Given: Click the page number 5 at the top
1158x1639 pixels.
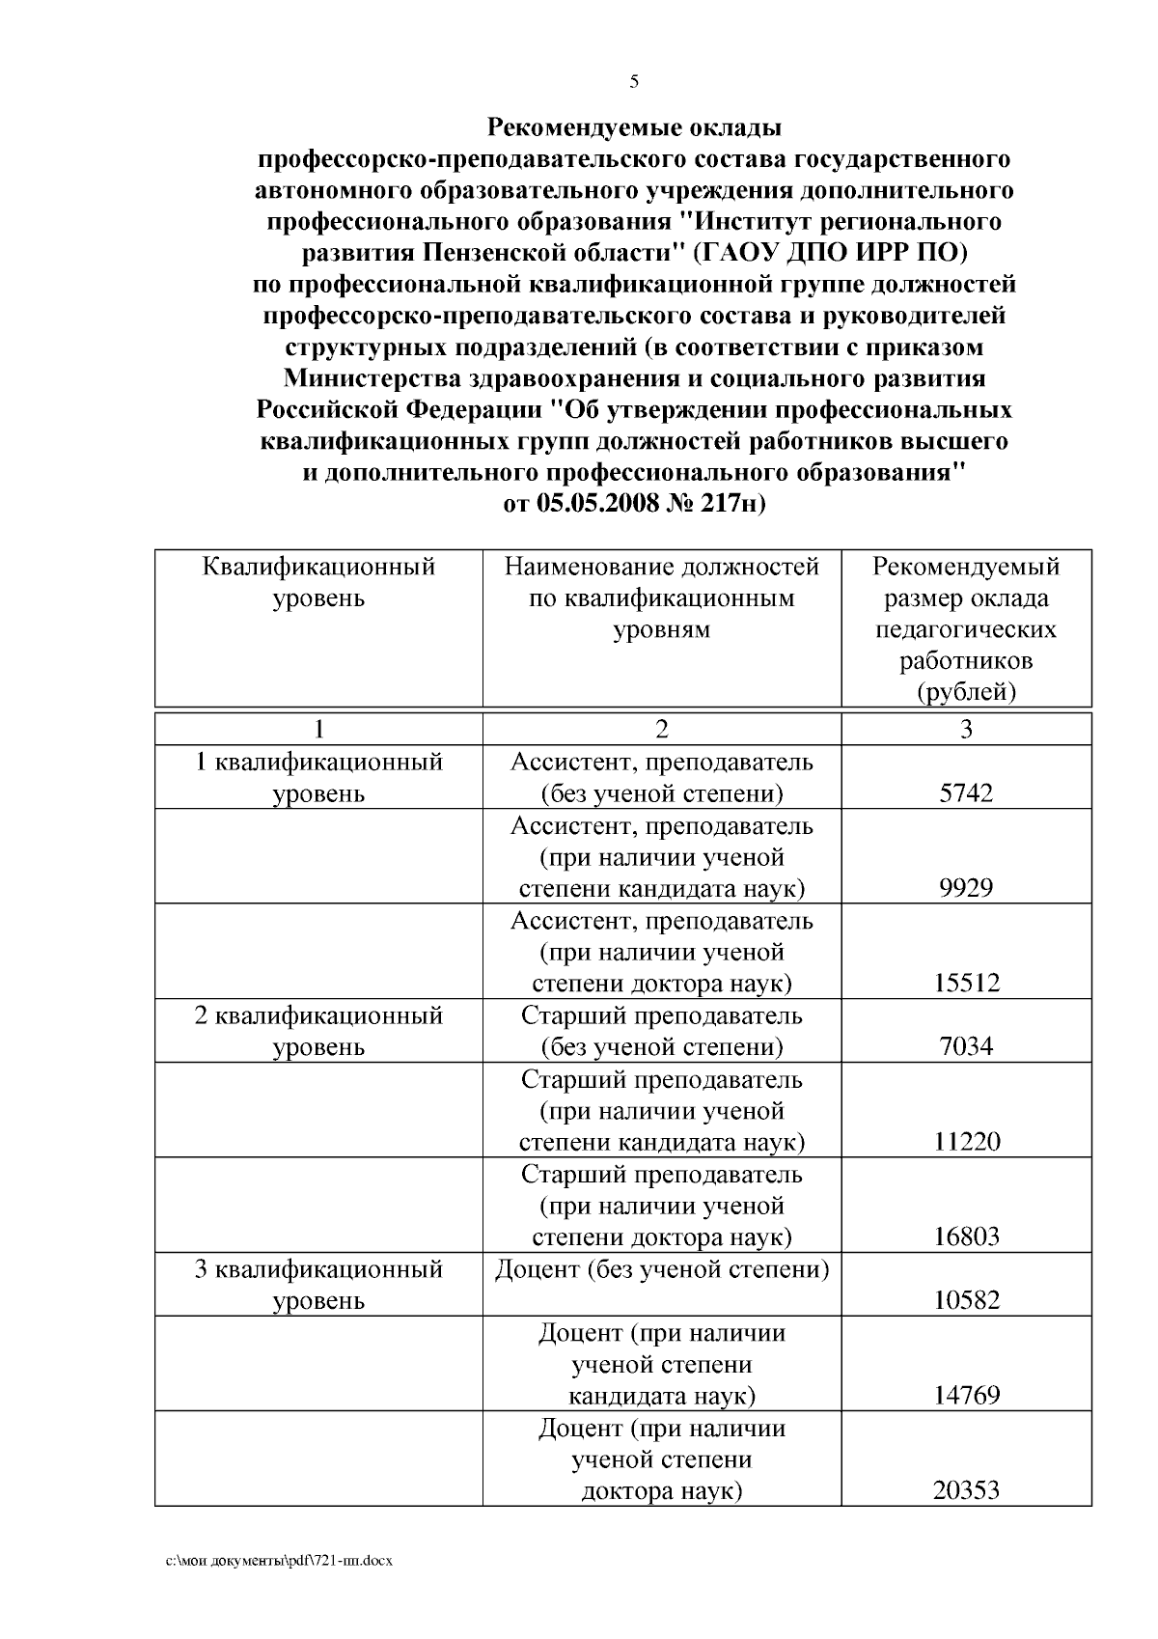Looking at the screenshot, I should pos(634,81).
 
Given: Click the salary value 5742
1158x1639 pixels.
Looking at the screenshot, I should pos(966,793).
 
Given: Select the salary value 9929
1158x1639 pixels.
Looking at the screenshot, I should pos(966,888).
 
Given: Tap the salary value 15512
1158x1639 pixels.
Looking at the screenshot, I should pos(966,984).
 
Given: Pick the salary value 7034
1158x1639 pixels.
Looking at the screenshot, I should pos(966,1046).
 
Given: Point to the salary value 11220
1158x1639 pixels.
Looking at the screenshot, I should pos(966,1142).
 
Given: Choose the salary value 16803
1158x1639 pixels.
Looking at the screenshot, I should pos(966,1236).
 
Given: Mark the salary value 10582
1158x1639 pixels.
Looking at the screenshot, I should pos(966,1300).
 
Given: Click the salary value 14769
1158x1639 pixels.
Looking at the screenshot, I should pos(966,1395).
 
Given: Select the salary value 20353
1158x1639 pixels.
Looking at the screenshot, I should pos(966,1490).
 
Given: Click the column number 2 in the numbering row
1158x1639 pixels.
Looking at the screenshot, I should pos(661,729).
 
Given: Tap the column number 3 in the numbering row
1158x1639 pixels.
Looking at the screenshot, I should pos(966,729).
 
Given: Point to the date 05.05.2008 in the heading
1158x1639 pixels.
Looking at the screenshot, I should pos(597,504).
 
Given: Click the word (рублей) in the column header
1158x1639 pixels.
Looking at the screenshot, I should pos(966,692).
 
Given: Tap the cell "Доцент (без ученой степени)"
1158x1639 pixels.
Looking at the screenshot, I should pos(662,1268).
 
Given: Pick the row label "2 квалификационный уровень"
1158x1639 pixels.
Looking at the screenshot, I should pos(318,1031).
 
